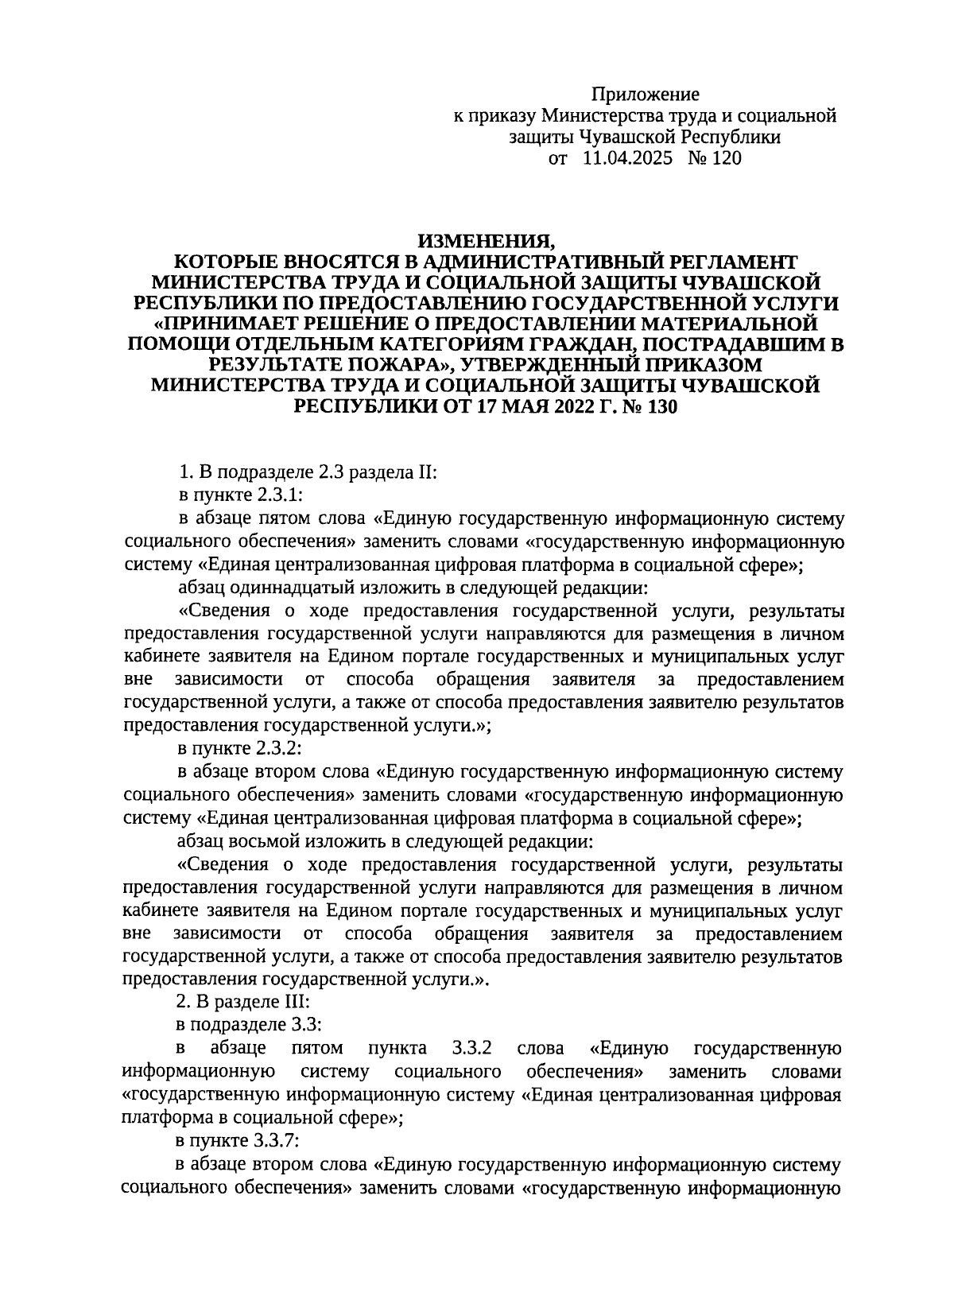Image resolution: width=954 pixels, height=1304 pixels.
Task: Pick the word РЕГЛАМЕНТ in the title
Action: coord(728,262)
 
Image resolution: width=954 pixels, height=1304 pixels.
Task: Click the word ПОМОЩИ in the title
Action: coord(175,344)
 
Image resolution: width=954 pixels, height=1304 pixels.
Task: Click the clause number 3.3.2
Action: coord(473,1049)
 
